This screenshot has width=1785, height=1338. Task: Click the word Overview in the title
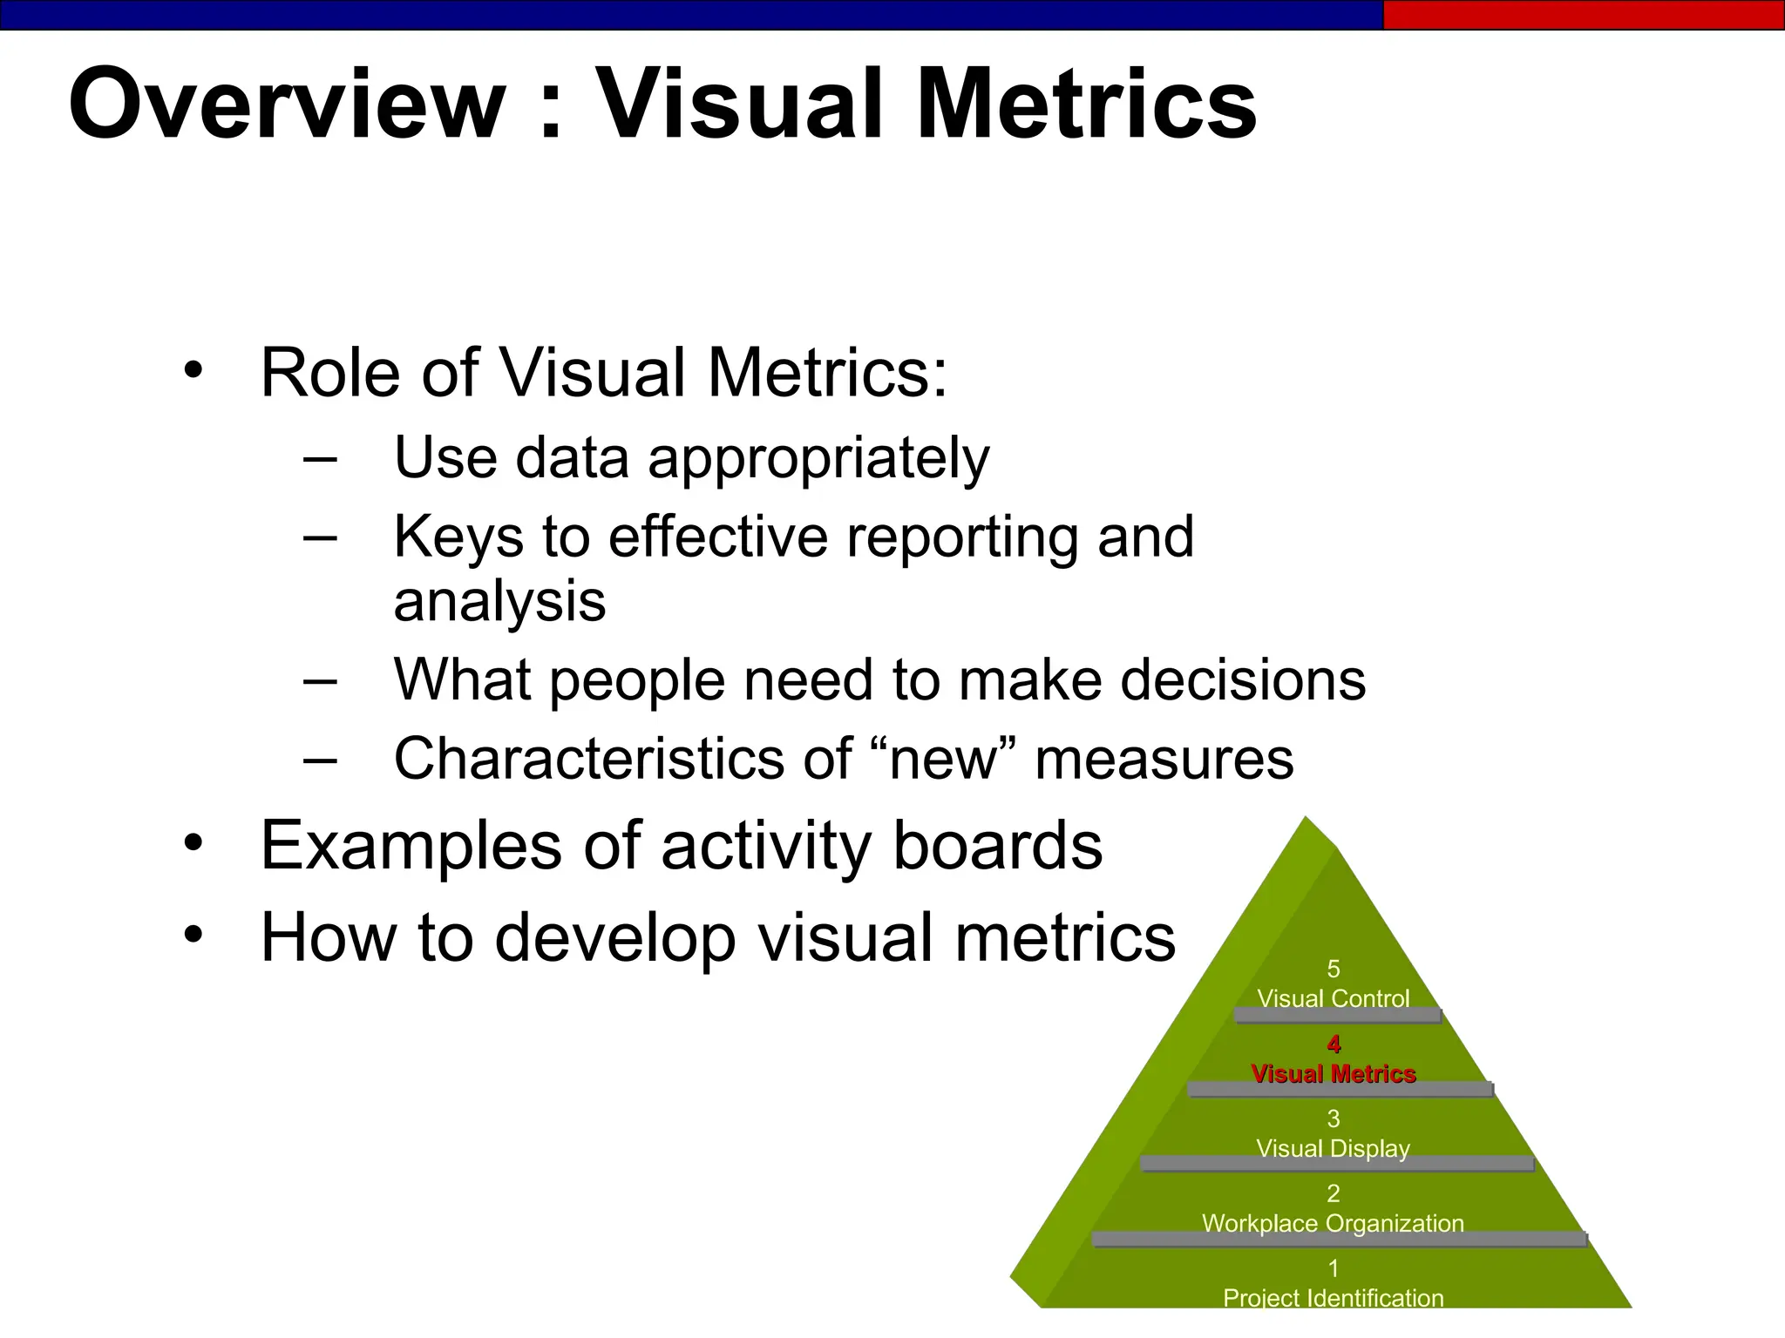[x=288, y=105]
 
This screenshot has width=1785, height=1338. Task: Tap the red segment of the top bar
[x=1583, y=15]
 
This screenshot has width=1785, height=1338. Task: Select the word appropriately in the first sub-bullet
[x=818, y=459]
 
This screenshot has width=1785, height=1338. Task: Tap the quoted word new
[x=943, y=759]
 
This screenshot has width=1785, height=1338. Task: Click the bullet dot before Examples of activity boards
[x=193, y=843]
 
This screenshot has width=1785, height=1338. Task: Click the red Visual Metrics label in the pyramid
[x=1334, y=1074]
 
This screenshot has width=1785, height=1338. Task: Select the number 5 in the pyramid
[x=1334, y=969]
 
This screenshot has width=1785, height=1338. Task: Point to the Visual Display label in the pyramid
[x=1334, y=1149]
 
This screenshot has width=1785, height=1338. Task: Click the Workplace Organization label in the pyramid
[x=1334, y=1224]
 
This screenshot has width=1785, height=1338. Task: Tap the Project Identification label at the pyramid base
[x=1334, y=1298]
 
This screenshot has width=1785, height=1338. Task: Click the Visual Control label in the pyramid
[x=1334, y=998]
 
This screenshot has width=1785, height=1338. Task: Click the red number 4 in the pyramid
[x=1334, y=1044]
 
